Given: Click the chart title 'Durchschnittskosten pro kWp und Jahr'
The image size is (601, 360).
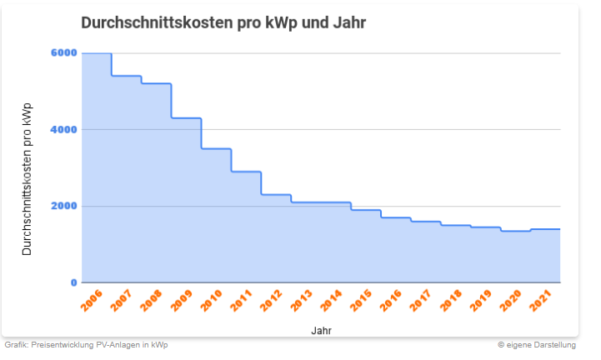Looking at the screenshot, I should [223, 22].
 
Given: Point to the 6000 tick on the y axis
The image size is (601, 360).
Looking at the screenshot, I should [64, 52].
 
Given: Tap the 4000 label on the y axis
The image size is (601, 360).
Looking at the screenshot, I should [64, 129].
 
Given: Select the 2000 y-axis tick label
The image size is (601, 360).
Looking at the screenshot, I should [64, 206].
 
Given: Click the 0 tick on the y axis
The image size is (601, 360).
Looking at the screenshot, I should [73, 283].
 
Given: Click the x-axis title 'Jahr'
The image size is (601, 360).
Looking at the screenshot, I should [322, 330].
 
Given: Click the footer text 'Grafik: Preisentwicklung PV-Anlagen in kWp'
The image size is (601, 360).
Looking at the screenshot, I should [86, 344].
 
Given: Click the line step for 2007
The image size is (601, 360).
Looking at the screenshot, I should [127, 76].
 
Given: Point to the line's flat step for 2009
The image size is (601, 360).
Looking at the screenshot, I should [187, 118].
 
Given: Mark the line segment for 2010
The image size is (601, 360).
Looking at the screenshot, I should [217, 148].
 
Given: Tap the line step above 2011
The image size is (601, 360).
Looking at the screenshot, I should [247, 172].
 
